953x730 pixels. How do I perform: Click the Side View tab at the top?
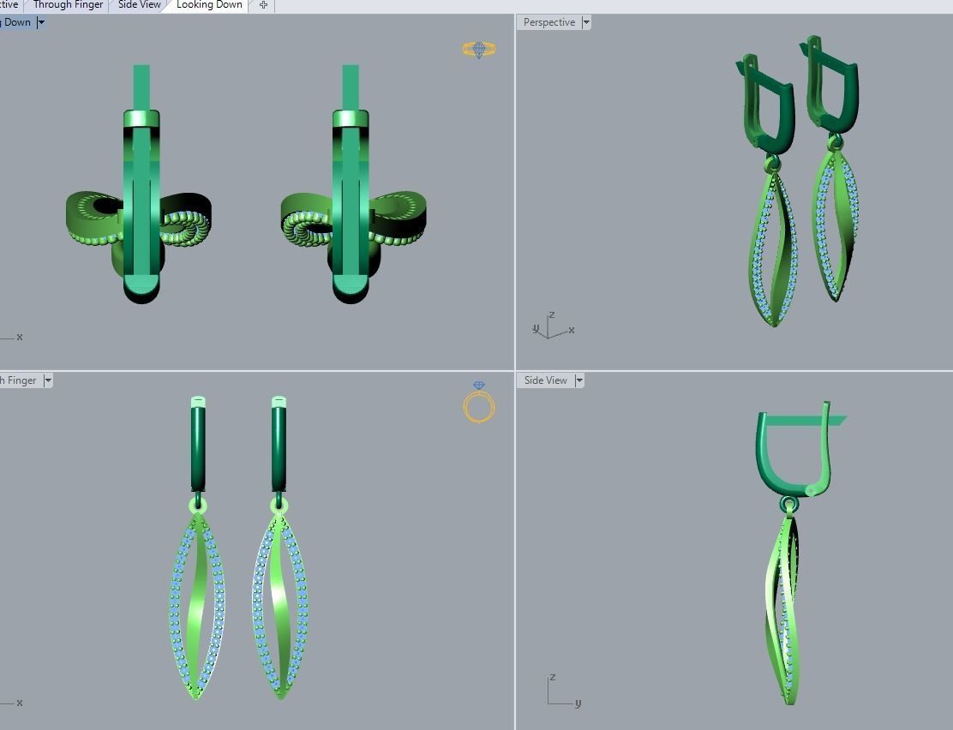click(x=139, y=5)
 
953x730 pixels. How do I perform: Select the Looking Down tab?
click(x=209, y=5)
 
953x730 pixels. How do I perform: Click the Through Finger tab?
click(x=68, y=5)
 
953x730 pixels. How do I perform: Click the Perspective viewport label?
click(x=549, y=22)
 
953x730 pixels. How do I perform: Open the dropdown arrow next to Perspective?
click(x=586, y=22)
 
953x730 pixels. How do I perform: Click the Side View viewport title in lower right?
click(x=546, y=380)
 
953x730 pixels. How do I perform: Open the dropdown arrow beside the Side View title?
click(x=579, y=380)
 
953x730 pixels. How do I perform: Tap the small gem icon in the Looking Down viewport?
click(x=479, y=50)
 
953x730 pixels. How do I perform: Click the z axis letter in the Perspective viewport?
click(x=552, y=315)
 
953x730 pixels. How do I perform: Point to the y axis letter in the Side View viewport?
click(x=578, y=703)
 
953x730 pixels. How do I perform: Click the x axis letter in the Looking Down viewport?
click(x=20, y=337)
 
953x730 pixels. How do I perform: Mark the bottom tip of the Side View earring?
click(x=789, y=701)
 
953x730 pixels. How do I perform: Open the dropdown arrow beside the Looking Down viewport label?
click(x=40, y=22)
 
